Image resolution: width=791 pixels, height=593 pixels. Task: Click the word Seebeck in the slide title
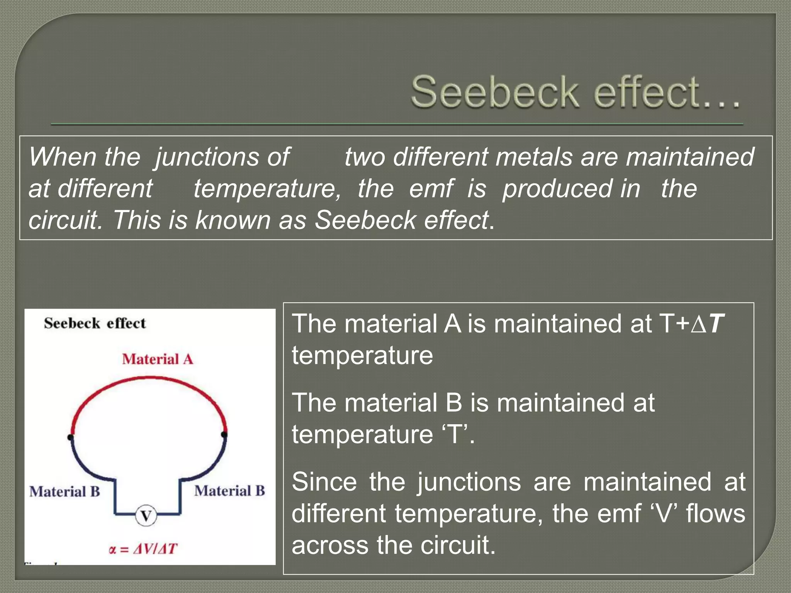(x=495, y=92)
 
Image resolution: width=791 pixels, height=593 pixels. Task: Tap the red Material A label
(x=157, y=359)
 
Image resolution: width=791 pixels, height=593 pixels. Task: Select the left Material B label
(x=65, y=492)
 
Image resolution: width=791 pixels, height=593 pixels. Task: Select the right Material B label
(x=229, y=491)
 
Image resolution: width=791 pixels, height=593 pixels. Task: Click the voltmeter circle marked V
(x=146, y=516)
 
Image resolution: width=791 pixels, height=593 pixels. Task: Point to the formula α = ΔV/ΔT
(x=143, y=549)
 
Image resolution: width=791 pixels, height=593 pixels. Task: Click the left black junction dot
(x=70, y=437)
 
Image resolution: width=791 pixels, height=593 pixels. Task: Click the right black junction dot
(x=224, y=435)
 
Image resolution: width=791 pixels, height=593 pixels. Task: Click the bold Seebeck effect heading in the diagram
(x=95, y=323)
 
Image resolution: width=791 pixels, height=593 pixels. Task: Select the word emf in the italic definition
(x=431, y=189)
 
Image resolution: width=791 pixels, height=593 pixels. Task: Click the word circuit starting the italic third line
(x=64, y=220)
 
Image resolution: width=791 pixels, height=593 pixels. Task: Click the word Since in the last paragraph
(x=324, y=482)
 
